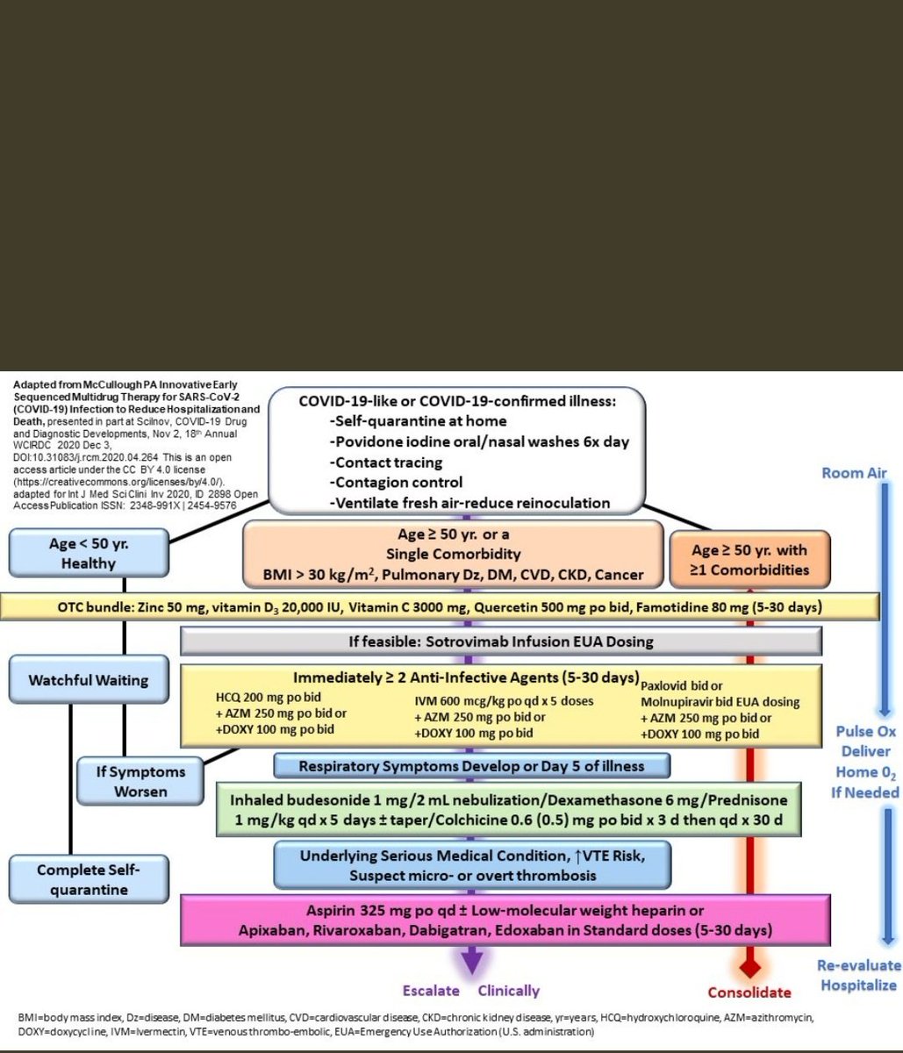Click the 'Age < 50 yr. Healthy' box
coord(88,554)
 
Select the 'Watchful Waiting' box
coord(88,680)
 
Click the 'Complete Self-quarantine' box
coord(88,879)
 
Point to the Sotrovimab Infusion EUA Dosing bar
coord(500,641)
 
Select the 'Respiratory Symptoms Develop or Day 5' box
coord(471,766)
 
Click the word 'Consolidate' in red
coord(749,992)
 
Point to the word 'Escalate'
coord(431,991)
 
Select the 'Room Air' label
coord(854,473)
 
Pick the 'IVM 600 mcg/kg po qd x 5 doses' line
coord(505,700)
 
